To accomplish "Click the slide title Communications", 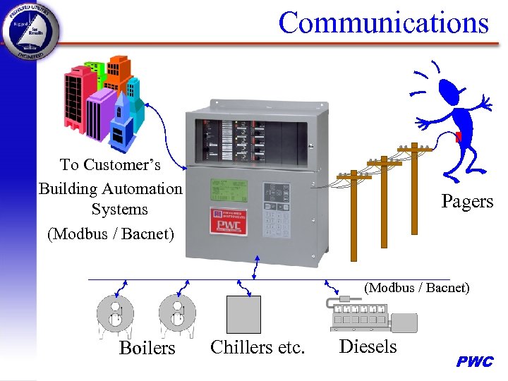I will (383, 23).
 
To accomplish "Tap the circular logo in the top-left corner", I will (30, 30).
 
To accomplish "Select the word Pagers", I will (467, 201).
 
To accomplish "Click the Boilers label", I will (147, 348).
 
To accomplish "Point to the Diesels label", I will (368, 346).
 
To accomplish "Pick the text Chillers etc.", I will (258, 347).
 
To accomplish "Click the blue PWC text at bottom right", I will (475, 362).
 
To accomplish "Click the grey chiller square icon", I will (243, 315).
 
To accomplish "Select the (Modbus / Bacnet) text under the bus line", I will (416, 288).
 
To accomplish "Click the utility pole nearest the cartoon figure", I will (414, 190).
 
